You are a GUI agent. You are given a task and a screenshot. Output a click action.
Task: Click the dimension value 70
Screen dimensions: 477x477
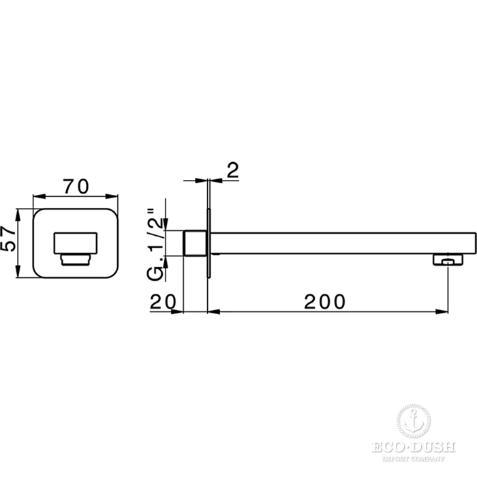(76, 187)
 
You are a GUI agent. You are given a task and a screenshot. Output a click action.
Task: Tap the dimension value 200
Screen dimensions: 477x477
(325, 301)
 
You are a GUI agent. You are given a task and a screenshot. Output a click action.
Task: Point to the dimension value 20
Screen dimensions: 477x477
(163, 301)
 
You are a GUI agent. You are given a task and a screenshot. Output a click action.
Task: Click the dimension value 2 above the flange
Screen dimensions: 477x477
(233, 170)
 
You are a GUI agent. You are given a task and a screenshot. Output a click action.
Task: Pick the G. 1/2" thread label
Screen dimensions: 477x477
(155, 245)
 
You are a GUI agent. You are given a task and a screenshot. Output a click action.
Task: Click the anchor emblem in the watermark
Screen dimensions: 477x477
(413, 422)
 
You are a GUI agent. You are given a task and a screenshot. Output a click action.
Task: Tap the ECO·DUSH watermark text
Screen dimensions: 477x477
(413, 448)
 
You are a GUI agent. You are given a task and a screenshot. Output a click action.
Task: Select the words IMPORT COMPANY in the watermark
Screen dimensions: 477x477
(413, 458)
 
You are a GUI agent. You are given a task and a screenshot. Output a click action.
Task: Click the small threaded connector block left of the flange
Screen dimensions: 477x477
(196, 243)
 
